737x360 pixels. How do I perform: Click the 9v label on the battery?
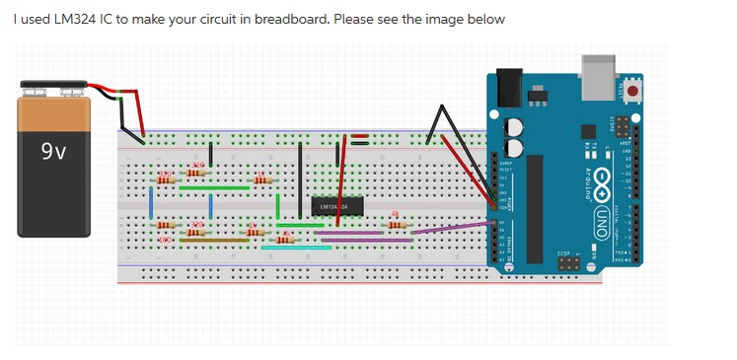click(53, 152)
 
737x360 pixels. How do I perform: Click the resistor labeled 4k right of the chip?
click(397, 224)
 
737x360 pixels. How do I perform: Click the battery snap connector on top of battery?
click(54, 92)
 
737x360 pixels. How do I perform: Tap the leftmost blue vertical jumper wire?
click(150, 203)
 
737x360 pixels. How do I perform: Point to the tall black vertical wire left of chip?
click(302, 178)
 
